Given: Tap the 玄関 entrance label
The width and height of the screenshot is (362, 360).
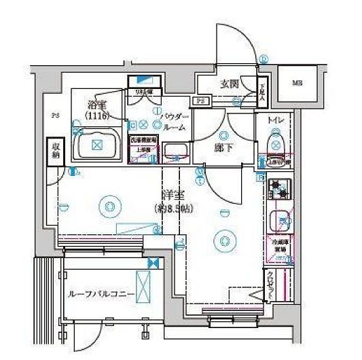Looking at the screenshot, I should tap(228, 84).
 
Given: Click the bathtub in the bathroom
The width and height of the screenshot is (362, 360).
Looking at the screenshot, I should tap(96, 145).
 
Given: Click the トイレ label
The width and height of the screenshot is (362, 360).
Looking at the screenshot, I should tap(275, 120).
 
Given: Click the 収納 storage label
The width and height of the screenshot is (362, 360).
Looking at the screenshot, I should tap(54, 151).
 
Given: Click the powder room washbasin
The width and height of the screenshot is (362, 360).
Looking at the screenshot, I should tap(175, 151).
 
